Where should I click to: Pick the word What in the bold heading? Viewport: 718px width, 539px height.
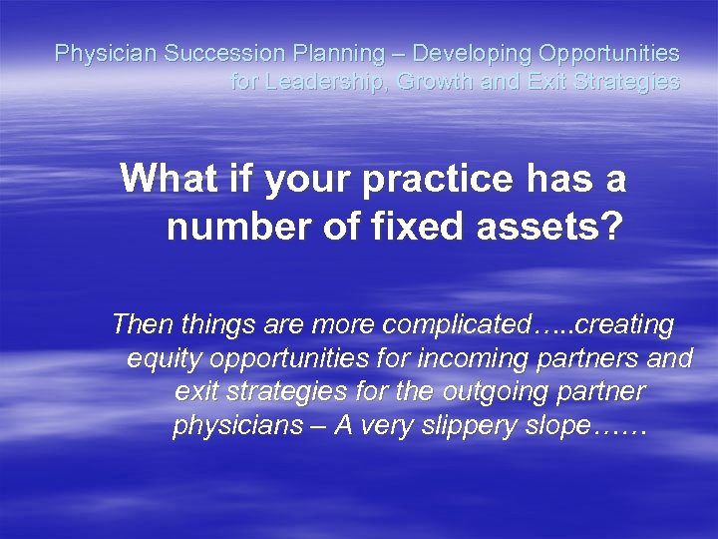[164, 180]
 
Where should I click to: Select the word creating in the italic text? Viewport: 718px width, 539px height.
[625, 324]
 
